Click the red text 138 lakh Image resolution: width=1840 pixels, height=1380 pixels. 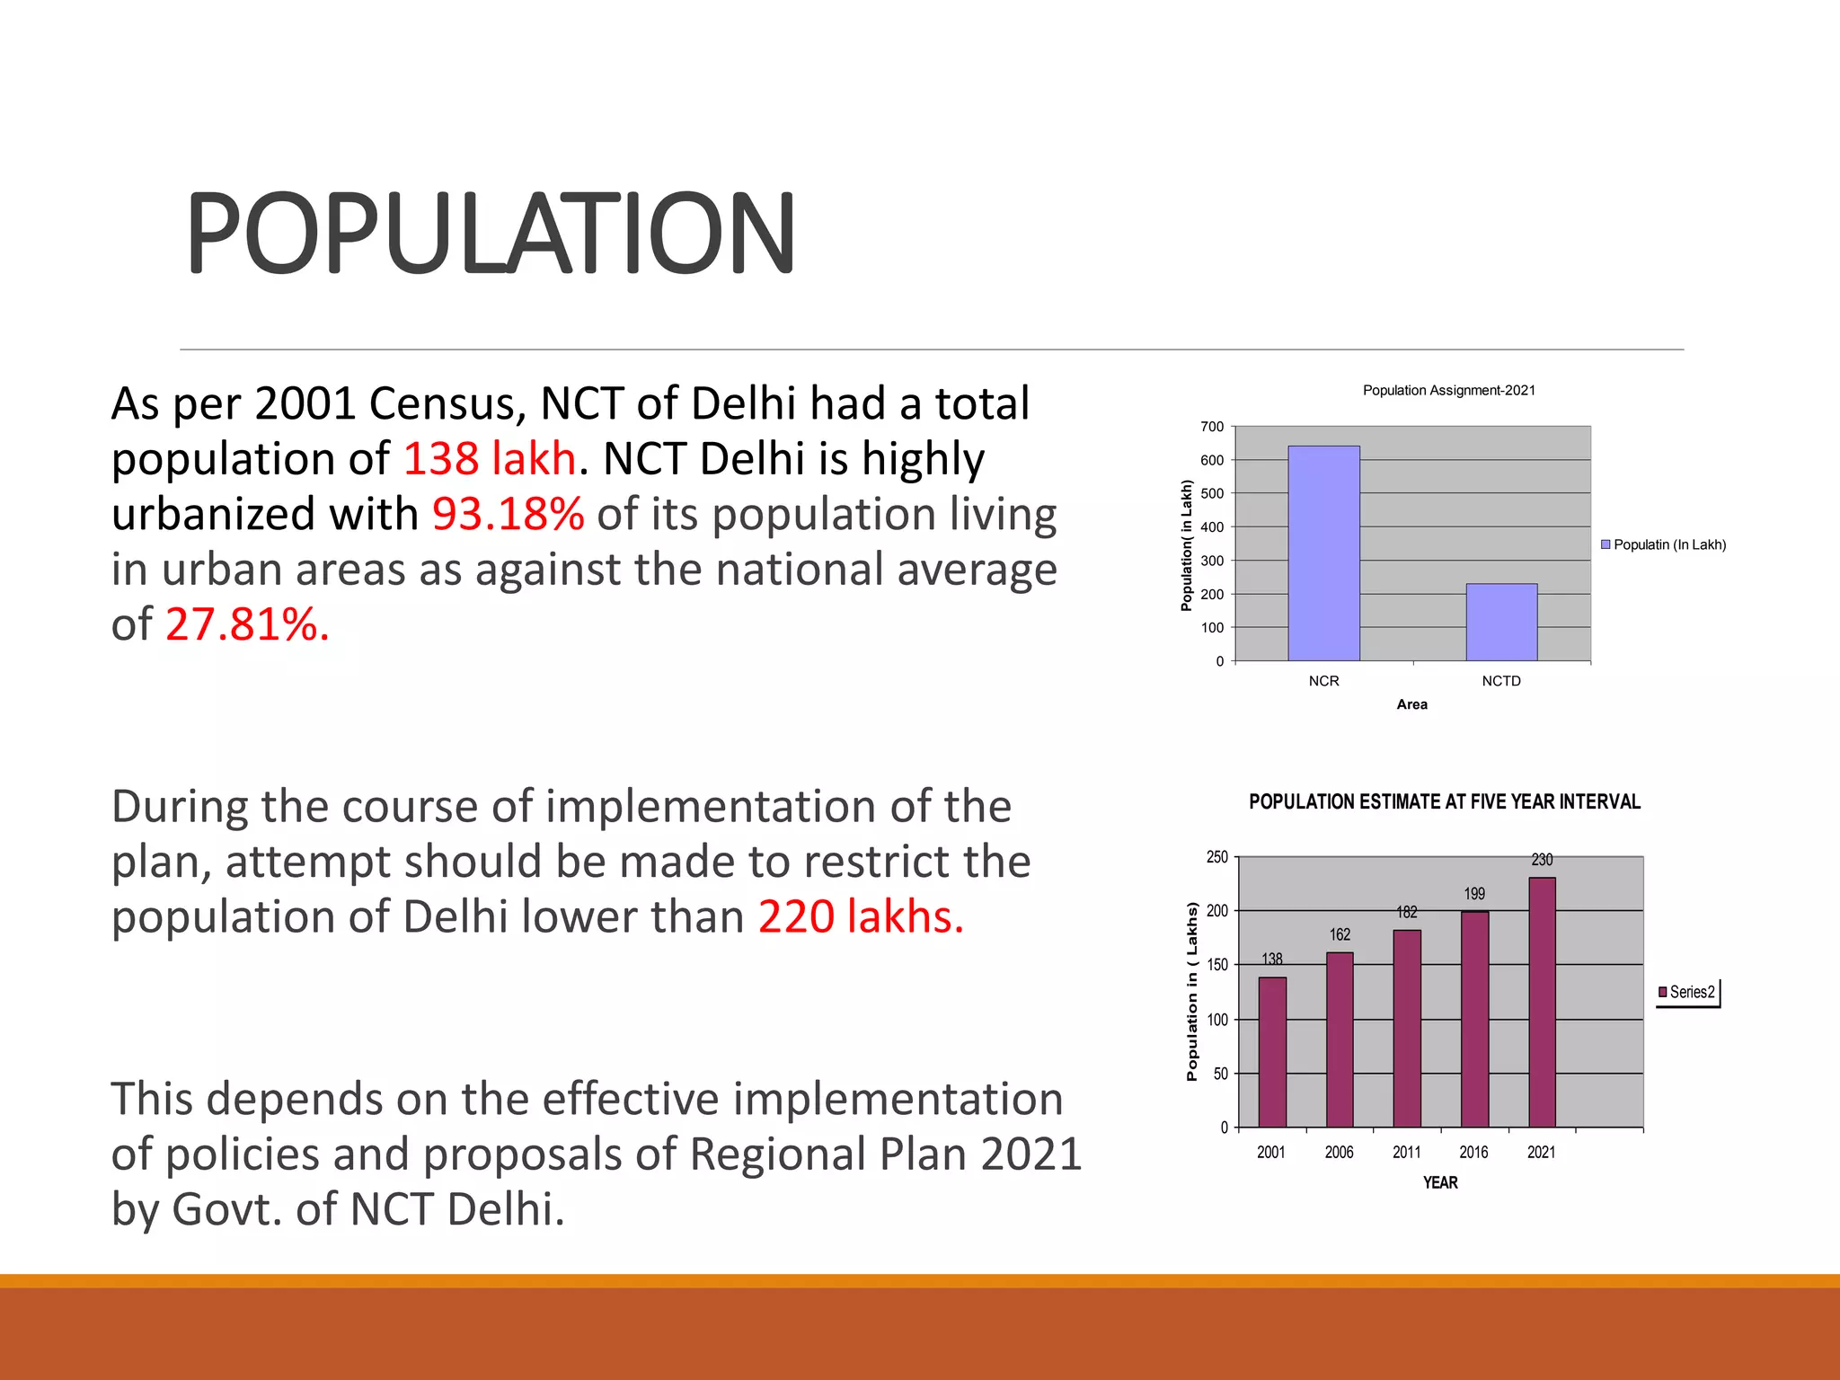point(489,458)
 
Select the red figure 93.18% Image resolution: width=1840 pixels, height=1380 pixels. point(509,514)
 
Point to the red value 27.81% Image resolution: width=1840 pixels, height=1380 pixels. point(247,624)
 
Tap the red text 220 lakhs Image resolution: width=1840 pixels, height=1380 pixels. point(860,917)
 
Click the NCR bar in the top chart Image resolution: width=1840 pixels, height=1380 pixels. point(1323,553)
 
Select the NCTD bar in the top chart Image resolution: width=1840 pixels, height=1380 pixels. point(1501,623)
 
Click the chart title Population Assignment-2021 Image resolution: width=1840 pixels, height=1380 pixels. point(1448,390)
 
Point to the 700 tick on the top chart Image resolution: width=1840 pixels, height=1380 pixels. point(1212,427)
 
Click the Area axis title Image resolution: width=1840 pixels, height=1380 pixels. point(1411,704)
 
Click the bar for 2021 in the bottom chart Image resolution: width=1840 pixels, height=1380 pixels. point(1542,1002)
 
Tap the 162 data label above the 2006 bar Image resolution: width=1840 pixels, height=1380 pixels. point(1340,934)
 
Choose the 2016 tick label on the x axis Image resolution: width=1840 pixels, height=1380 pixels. point(1473,1152)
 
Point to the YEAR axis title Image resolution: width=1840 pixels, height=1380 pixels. point(1440,1182)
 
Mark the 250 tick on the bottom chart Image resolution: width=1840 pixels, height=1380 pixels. point(1216,857)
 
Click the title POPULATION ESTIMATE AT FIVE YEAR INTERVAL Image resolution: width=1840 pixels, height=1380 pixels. point(1445,801)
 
